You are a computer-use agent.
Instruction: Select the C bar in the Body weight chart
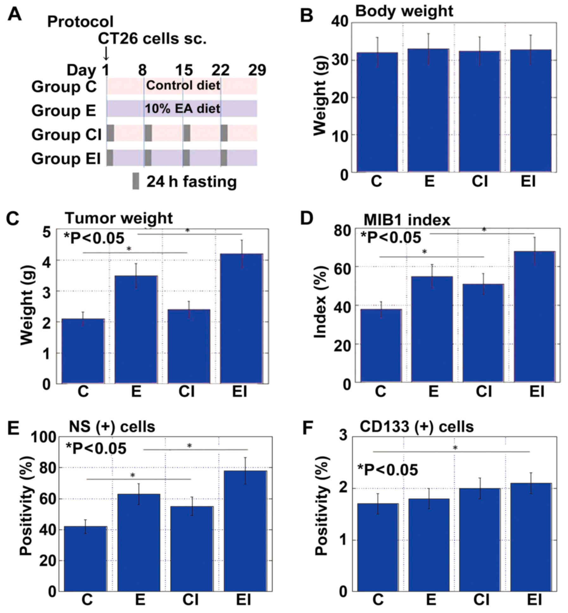(x=377, y=112)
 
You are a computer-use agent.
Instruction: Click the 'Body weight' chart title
(x=404, y=11)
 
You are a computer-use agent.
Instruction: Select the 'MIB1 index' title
(x=407, y=220)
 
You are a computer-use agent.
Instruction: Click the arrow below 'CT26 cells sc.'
(x=106, y=53)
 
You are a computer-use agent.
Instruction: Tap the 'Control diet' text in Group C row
(x=183, y=85)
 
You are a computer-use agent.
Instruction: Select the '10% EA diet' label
(x=182, y=109)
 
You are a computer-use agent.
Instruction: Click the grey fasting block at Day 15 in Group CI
(x=187, y=133)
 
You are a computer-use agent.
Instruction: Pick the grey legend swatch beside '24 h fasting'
(x=136, y=181)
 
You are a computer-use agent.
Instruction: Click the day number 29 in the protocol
(x=257, y=70)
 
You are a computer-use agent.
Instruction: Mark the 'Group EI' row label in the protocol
(x=66, y=158)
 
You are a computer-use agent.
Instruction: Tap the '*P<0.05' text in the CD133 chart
(x=388, y=470)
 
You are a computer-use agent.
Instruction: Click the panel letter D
(x=307, y=218)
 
